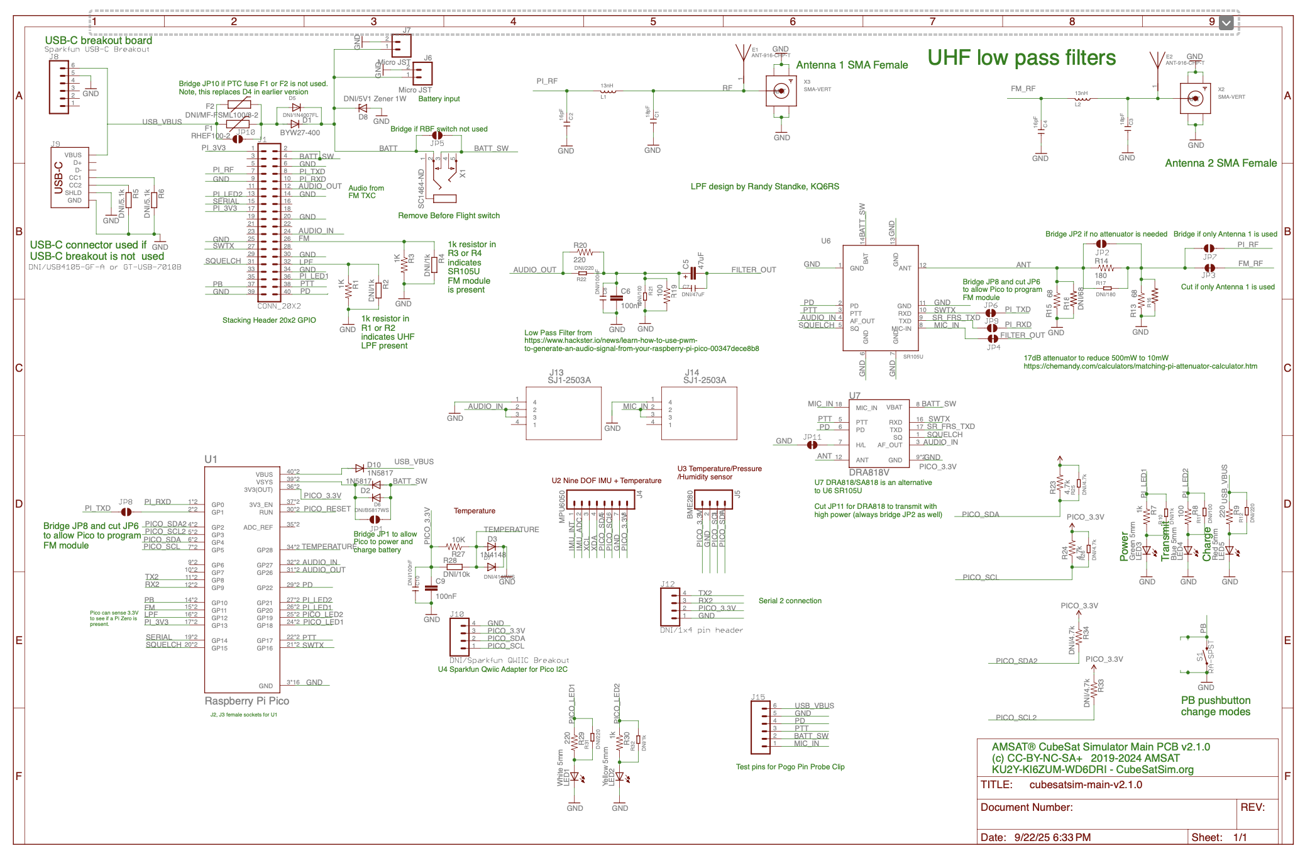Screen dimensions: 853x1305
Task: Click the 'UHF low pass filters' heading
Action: [1021, 58]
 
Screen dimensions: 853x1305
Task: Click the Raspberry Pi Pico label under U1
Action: [247, 701]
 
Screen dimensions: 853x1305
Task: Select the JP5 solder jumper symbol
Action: [437, 135]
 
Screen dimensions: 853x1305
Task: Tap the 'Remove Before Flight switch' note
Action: [449, 216]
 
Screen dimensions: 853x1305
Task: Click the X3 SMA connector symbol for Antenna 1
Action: [781, 91]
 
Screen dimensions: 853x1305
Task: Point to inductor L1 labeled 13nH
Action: [607, 91]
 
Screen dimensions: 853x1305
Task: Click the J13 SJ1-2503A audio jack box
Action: [563, 413]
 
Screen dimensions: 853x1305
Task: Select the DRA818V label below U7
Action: [869, 472]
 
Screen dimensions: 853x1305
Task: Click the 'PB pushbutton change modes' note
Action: [1215, 706]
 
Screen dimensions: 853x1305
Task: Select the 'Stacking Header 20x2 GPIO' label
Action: [269, 320]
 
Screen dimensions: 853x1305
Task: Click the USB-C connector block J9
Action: [70, 177]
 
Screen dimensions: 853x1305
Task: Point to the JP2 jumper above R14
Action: [1101, 243]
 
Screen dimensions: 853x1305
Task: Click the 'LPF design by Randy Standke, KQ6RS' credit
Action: [764, 187]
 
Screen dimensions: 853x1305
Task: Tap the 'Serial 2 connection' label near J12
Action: [790, 601]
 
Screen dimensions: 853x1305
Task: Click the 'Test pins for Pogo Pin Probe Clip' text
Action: [790, 767]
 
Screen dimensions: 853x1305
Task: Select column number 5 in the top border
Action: [652, 21]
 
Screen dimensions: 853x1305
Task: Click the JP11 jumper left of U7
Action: [812, 445]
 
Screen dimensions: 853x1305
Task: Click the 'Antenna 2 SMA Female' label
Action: [1220, 164]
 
